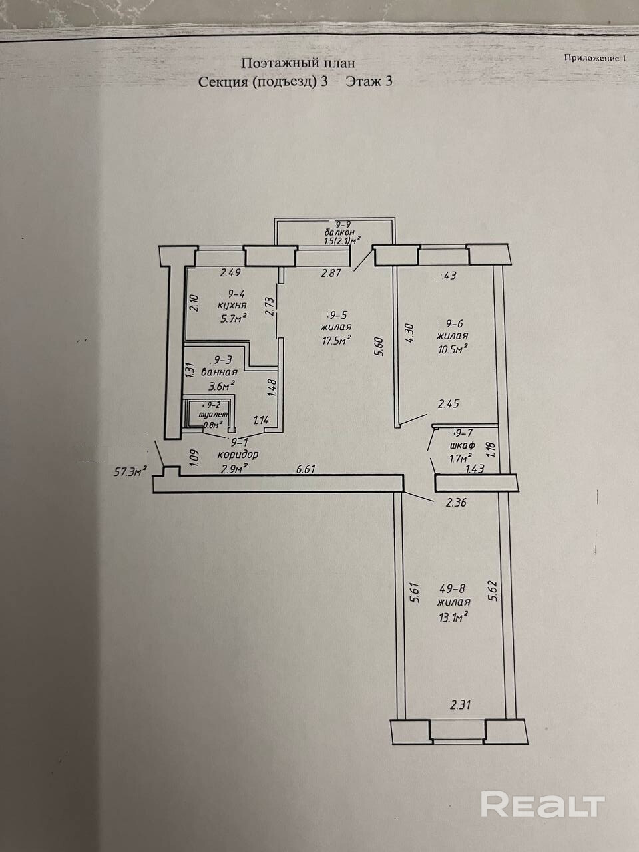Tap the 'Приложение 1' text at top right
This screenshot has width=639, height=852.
click(x=596, y=58)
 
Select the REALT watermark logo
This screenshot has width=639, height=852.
click(x=542, y=804)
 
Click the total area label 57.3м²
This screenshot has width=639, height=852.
click(x=131, y=472)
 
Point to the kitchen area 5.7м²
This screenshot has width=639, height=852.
click(x=232, y=318)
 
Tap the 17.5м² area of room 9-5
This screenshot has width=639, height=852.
click(x=335, y=341)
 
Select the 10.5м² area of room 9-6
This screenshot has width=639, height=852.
click(x=453, y=348)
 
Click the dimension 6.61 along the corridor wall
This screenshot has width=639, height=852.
click(x=305, y=469)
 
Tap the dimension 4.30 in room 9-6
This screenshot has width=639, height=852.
click(x=410, y=333)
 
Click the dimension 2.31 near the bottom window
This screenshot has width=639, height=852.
click(x=461, y=704)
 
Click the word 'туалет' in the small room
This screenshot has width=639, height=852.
click(x=208, y=414)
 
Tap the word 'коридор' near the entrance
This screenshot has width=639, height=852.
click(x=238, y=455)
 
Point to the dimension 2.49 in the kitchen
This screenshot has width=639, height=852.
click(x=230, y=272)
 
